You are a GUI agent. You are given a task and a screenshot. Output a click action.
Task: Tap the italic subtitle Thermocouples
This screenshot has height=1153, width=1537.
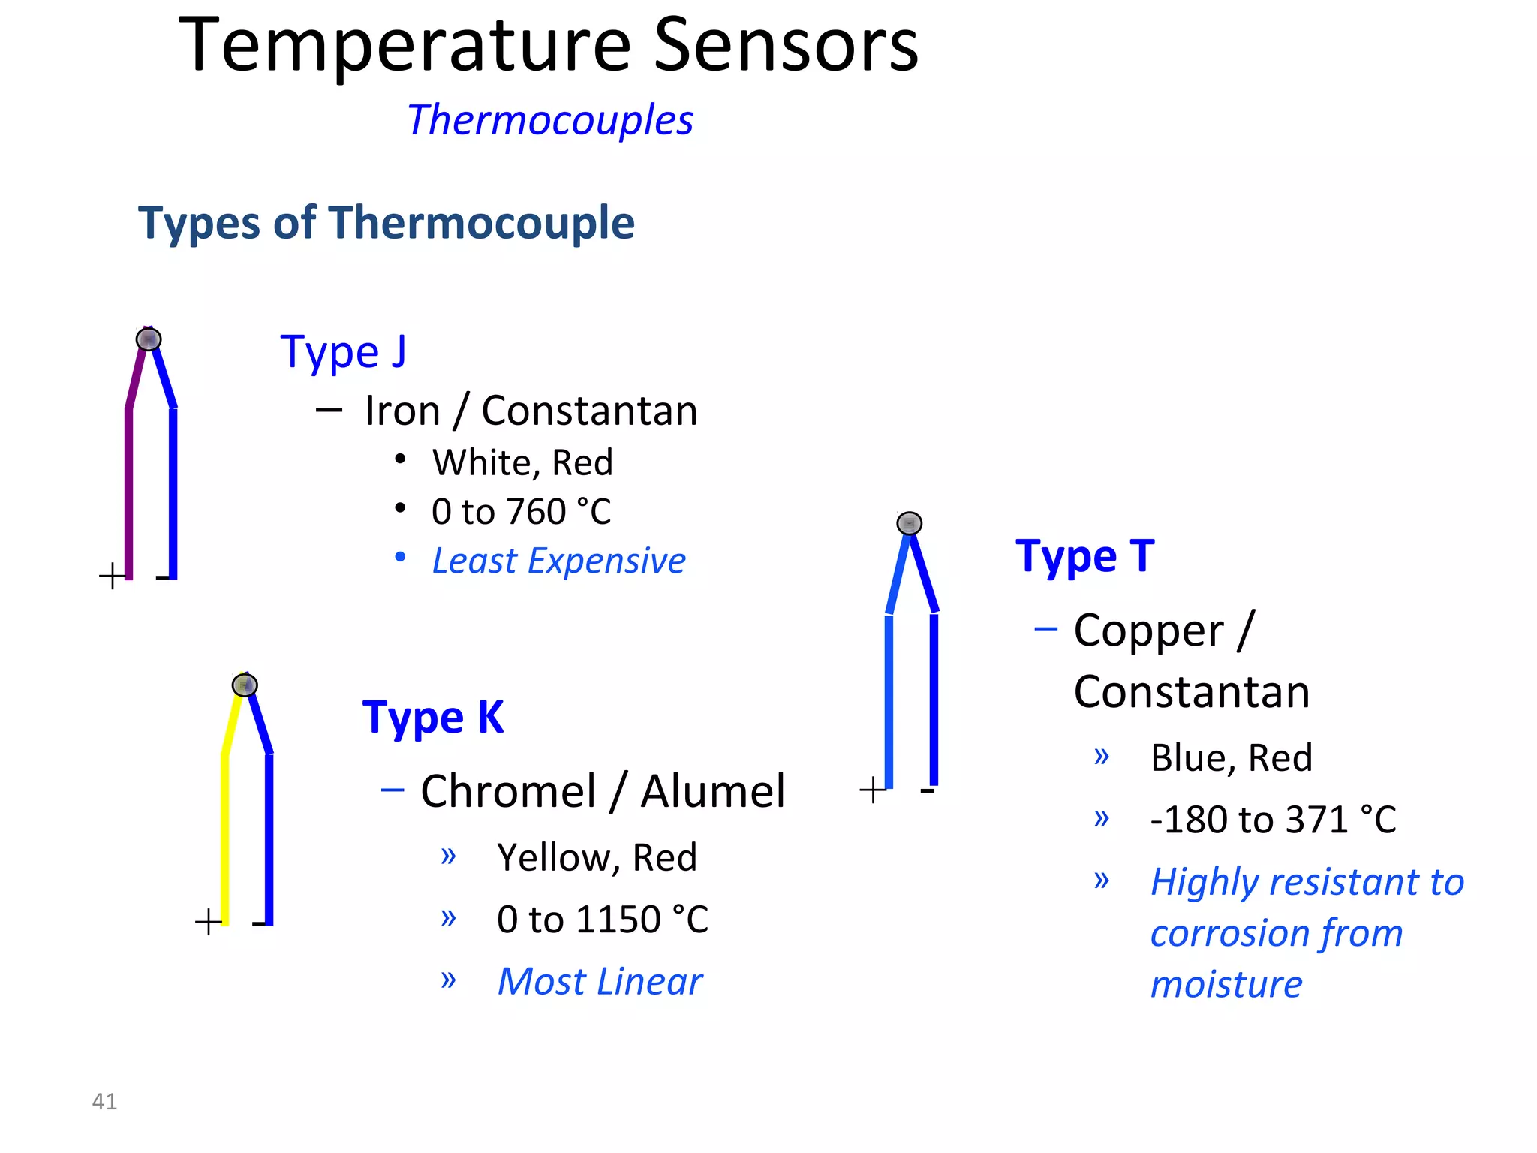(550, 120)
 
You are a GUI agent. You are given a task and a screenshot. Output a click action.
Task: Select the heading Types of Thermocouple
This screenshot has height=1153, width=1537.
(387, 223)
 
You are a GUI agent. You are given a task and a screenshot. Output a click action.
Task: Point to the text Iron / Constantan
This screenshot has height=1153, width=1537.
(531, 411)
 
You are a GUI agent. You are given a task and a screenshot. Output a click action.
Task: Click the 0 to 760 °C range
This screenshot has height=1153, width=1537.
(521, 512)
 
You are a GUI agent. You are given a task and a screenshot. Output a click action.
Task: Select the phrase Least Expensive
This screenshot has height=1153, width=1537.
(558, 561)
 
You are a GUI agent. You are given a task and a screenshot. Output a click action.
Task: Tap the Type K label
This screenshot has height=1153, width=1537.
(433, 717)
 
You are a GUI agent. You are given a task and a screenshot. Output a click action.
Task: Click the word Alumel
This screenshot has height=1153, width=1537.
(713, 791)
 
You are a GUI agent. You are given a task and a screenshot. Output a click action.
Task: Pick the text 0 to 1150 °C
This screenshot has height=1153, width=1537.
(602, 920)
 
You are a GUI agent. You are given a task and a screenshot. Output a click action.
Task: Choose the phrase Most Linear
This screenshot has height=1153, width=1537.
(600, 982)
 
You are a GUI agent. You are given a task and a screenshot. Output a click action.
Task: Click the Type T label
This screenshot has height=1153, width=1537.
(1084, 556)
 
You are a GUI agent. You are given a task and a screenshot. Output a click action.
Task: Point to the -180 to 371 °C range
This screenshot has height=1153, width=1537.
(1273, 819)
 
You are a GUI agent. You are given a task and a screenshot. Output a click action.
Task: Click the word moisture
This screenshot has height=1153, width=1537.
(1226, 984)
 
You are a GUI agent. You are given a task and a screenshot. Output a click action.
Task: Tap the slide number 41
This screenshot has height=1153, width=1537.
(104, 1101)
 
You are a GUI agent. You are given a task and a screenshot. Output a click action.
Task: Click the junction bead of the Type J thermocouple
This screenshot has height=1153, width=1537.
(149, 339)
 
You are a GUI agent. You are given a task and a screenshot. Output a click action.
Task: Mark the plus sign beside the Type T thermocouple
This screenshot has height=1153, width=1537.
(872, 790)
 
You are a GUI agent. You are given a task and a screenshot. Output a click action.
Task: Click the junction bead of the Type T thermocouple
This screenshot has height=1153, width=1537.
(909, 523)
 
